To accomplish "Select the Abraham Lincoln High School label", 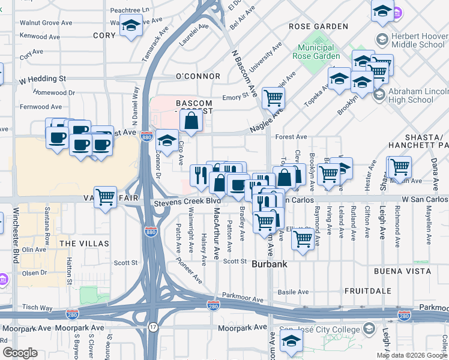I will point(419,95).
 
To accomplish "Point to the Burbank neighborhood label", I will point(269,264).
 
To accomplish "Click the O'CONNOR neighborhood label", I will point(197,77).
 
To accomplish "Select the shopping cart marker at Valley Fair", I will point(106,196).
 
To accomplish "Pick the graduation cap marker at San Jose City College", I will point(292,341).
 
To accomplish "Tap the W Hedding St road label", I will point(42,79).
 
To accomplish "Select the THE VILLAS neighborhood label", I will point(84,244).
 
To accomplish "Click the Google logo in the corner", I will point(20,353).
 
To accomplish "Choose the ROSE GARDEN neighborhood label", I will point(318,27).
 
